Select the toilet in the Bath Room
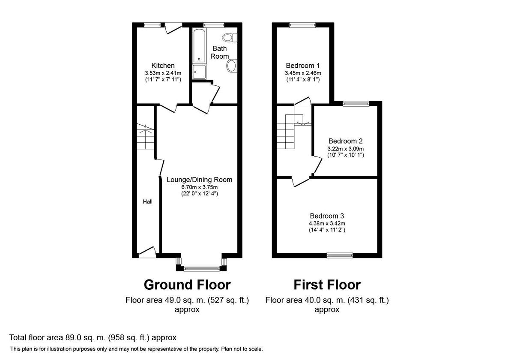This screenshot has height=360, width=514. click(230, 38)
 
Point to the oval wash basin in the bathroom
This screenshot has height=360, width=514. click(231, 66)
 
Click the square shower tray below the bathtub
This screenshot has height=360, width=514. click(199, 72)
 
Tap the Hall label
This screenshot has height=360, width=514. click(148, 201)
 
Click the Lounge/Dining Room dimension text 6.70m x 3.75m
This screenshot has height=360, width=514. click(199, 187)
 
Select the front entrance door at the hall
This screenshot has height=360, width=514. click(147, 252)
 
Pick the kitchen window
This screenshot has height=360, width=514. click(152, 25)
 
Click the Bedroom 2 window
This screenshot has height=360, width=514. click(356, 103)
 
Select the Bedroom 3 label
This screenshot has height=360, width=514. click(327, 216)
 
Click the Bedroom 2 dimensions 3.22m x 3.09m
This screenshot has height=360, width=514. click(346, 148)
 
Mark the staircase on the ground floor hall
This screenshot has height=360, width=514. click(146, 136)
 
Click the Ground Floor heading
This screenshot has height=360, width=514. click(187, 285)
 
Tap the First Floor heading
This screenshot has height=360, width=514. click(327, 285)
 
